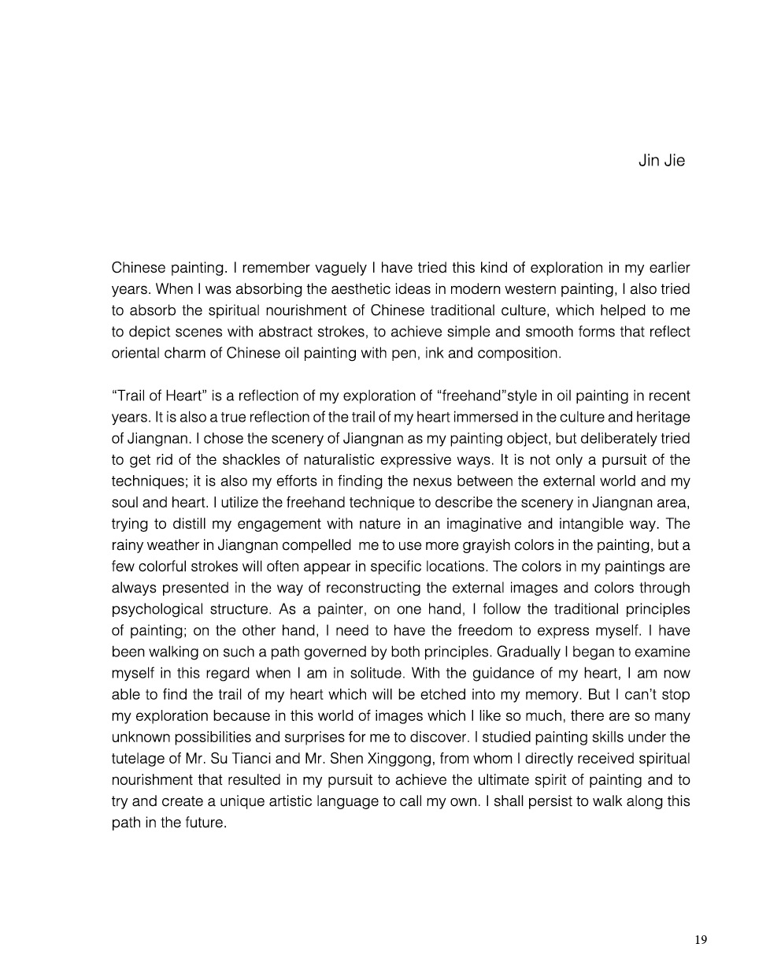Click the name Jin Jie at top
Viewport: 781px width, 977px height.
click(x=661, y=161)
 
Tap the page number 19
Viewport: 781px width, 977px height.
click(x=701, y=939)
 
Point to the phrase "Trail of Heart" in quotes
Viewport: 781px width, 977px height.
click(x=157, y=396)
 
